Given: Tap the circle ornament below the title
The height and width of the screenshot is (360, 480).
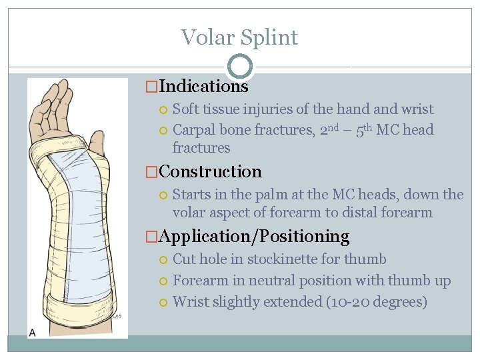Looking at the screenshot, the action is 239,66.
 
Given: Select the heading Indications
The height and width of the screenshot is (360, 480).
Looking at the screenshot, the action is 203,86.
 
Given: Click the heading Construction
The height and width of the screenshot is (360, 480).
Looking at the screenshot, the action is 210,171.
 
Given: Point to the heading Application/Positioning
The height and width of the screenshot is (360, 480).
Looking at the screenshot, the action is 254,236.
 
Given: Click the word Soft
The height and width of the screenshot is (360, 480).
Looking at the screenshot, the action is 185,109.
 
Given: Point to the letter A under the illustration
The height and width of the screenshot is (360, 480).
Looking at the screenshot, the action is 33,331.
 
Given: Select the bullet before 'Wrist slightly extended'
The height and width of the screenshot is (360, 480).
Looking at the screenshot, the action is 164,303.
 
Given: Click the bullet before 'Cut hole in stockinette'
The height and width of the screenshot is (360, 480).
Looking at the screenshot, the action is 164,260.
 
